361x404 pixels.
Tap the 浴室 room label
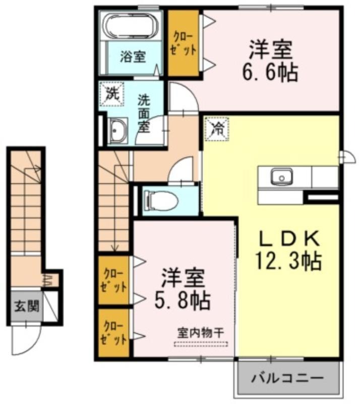click(x=133, y=57)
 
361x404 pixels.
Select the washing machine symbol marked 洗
click(x=112, y=94)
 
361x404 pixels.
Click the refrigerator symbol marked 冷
click(x=216, y=129)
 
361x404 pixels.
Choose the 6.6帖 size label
click(x=270, y=72)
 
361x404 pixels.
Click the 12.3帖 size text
click(x=288, y=261)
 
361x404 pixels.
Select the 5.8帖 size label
click(x=183, y=300)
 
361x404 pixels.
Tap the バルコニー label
click(x=287, y=378)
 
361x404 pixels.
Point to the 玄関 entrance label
click(x=27, y=307)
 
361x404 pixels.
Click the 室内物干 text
click(x=201, y=333)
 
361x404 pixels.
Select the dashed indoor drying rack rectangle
click(x=201, y=344)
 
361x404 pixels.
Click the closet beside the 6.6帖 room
click(x=183, y=43)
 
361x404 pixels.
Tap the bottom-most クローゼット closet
click(x=113, y=333)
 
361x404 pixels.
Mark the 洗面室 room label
click(x=144, y=114)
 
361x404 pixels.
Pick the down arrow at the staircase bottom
click(x=114, y=247)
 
